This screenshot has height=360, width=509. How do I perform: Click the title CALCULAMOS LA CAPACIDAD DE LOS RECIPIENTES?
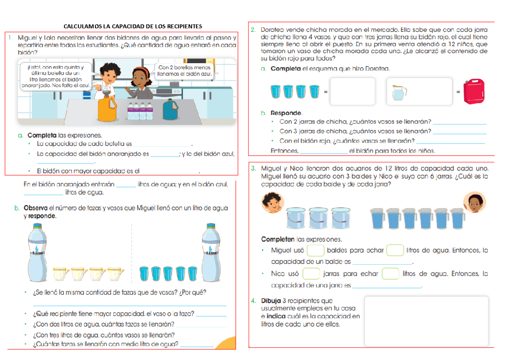tap(132, 26)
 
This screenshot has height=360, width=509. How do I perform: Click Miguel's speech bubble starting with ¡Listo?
tap(55, 76)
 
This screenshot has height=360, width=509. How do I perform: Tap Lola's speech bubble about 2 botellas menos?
tap(184, 71)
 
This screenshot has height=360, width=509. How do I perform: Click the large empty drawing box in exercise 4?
tap(426, 321)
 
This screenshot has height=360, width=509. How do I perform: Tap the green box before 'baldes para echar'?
tap(316, 250)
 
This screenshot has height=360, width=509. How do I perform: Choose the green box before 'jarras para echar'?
tap(311, 273)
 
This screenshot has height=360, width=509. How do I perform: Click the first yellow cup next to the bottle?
tap(61, 274)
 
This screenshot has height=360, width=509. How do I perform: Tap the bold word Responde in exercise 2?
tap(286, 113)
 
